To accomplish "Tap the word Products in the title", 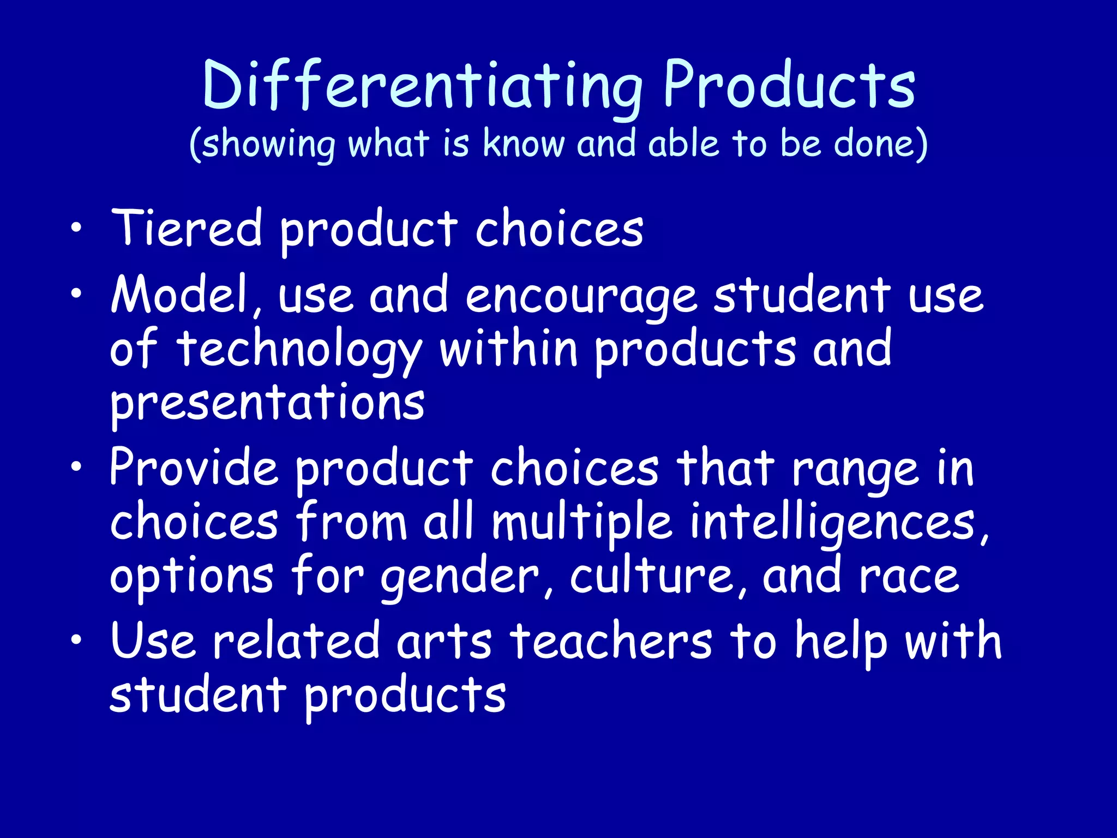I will [789, 86].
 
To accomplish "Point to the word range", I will [855, 470].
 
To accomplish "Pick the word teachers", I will [611, 641].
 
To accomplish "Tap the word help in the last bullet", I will [840, 642].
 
